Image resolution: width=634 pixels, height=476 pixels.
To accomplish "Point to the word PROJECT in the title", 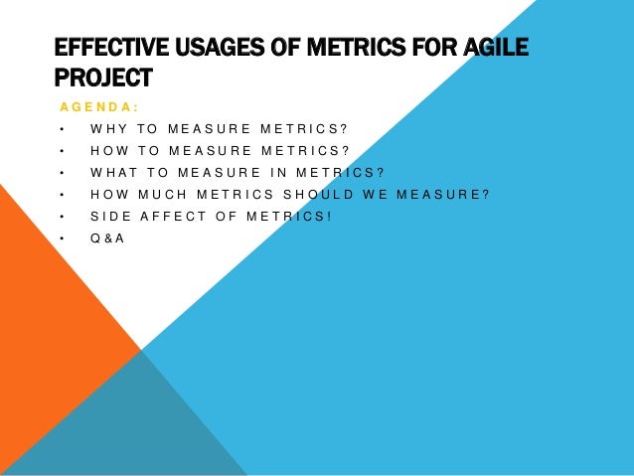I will pyautogui.click(x=103, y=77).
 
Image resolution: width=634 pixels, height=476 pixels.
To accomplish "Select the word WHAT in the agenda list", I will pyautogui.click(x=113, y=172).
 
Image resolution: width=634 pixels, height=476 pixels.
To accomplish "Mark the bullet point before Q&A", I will pyautogui.click(x=62, y=238).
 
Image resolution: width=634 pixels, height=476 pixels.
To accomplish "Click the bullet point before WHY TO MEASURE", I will pyautogui.click(x=62, y=128).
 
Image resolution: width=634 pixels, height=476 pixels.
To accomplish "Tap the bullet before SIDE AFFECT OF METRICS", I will pyautogui.click(x=62, y=216).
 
